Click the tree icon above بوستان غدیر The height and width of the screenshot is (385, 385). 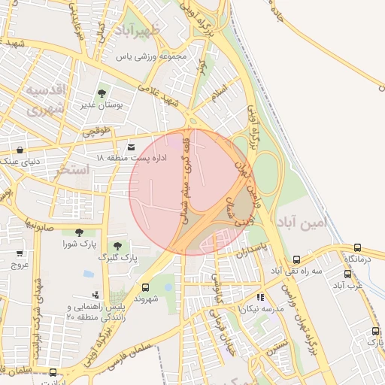102,92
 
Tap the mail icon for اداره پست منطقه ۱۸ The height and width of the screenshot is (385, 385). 132,147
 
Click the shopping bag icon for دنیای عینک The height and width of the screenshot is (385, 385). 19,150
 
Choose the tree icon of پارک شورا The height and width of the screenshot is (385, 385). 79,232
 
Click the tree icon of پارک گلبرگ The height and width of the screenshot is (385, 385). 116,245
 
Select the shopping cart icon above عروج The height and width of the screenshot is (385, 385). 19,253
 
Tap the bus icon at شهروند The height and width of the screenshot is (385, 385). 145,286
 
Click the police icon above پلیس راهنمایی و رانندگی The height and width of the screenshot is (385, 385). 95,296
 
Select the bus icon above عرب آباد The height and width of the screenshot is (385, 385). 347,274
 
